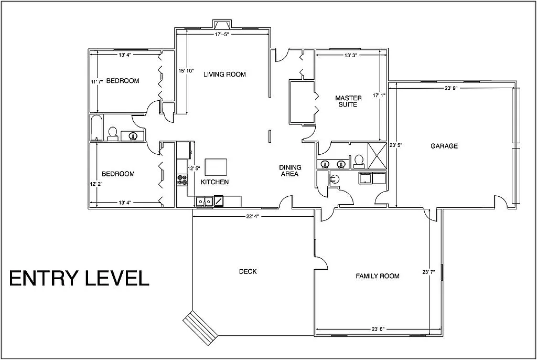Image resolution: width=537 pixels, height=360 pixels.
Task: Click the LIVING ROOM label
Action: coord(224,75)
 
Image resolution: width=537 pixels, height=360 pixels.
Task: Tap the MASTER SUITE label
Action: coord(348,101)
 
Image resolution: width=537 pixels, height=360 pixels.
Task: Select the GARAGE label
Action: coord(444,146)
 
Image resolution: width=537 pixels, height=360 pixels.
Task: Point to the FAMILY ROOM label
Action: coord(378,276)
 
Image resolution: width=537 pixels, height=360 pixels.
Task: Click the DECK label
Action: coord(248,271)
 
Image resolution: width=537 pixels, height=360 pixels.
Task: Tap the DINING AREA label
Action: coord(289,171)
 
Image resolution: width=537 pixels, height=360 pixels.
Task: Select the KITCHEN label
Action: coord(215,182)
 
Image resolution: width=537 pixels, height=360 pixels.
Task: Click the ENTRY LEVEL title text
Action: coord(79,278)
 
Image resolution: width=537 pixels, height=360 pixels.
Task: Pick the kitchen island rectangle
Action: coord(216,167)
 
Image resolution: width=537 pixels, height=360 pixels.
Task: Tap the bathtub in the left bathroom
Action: coord(96,128)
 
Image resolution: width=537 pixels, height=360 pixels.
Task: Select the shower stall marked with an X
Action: coord(377,156)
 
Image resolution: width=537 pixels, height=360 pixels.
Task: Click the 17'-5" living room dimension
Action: coord(222,34)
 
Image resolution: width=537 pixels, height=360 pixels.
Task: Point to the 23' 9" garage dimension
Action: coord(452,88)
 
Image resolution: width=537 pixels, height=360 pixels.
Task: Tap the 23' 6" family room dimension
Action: coord(378,329)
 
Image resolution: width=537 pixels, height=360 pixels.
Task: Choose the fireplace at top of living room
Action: coord(222,24)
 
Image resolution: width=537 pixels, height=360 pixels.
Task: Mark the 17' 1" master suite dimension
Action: coord(379,96)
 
